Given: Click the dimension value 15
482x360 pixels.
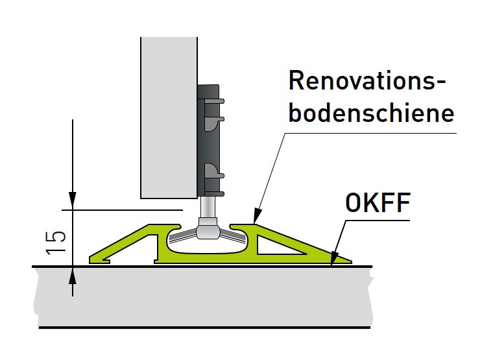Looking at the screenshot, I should click(56, 239).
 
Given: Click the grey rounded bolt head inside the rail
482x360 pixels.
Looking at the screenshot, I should click(207, 230).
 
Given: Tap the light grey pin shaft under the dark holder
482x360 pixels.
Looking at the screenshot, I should click(207, 208).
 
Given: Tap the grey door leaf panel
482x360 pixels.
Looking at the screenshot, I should click(168, 117).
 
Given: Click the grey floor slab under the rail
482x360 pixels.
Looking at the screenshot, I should click(195, 295).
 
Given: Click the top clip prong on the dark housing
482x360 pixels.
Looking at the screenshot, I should click(217, 101).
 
